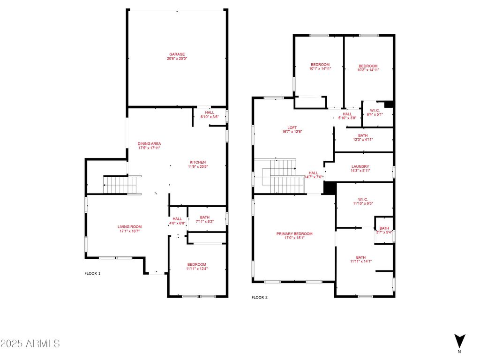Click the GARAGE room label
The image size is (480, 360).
point(177,54)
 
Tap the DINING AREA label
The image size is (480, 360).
point(149,143)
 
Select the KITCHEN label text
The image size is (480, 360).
point(198,162)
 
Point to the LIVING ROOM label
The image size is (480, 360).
point(129,227)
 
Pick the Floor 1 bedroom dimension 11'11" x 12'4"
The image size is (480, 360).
point(196,269)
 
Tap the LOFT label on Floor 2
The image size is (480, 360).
point(292,127)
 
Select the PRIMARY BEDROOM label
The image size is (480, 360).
point(294,234)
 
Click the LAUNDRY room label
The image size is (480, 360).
point(360,166)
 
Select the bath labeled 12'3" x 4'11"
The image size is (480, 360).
point(363,135)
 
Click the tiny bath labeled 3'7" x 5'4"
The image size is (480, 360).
point(384,230)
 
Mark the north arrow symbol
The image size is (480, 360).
point(459,341)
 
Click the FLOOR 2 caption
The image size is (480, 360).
point(259,297)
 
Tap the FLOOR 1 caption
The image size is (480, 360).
point(92,273)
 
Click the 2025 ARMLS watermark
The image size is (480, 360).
point(30,344)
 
